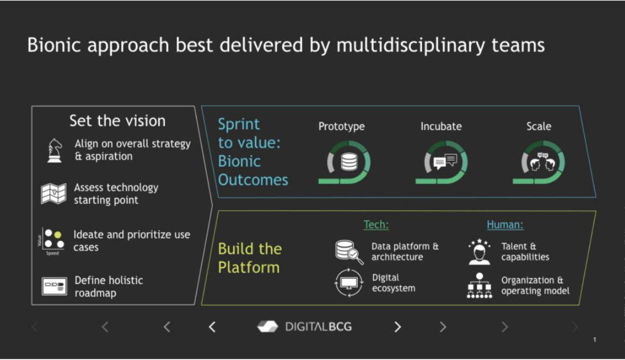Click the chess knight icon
coord(55,151)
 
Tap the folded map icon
coord(53,194)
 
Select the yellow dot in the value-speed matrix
coord(58,235)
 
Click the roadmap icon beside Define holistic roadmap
coord(54,286)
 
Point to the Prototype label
coord(341,127)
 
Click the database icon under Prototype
coord(349,162)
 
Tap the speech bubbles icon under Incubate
coord(445,162)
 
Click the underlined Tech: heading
coord(376,224)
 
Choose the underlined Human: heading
coord(505,224)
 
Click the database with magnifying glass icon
coord(349,252)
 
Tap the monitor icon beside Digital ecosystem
coord(349,283)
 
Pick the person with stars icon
coord(479,252)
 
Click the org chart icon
coord(479,285)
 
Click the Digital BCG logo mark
coord(267,326)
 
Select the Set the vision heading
coord(117,121)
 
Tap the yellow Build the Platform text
coord(250,258)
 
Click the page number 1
coord(595,340)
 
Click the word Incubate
coord(441,127)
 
